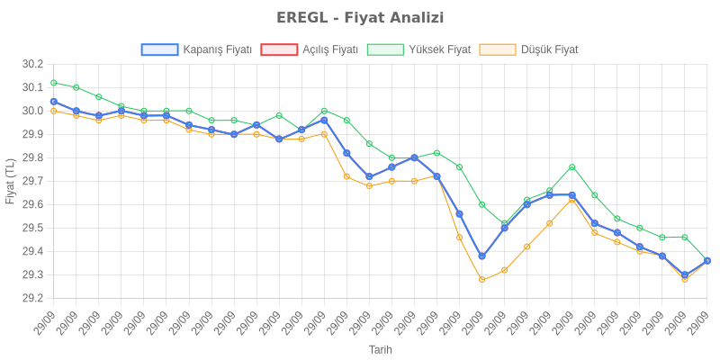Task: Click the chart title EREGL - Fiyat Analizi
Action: (360, 18)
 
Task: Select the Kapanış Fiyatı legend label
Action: (217, 49)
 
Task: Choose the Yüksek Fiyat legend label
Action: (439, 49)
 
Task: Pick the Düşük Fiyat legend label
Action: (550, 49)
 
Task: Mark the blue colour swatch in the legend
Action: (159, 49)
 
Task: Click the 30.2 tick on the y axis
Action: (33, 64)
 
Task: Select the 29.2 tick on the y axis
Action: (33, 298)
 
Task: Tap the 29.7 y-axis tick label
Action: (33, 181)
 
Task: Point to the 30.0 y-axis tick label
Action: (33, 111)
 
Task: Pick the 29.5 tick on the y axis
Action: (33, 228)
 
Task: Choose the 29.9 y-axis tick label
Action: (33, 134)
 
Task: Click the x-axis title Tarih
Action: (380, 349)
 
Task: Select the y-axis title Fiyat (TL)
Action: (10, 181)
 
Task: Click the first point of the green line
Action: (54, 83)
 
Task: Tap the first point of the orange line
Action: (54, 111)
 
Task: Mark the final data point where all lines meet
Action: (706, 261)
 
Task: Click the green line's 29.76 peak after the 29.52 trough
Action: (571, 167)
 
